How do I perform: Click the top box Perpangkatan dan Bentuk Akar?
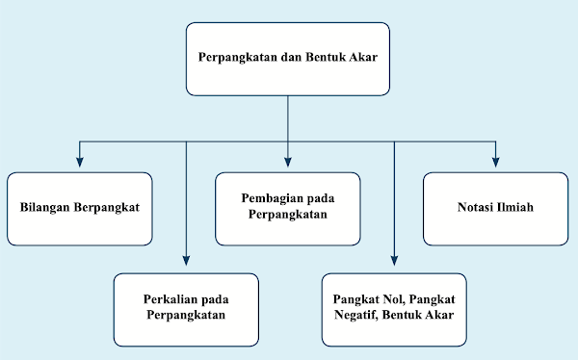point(287,59)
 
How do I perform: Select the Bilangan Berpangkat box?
point(79,208)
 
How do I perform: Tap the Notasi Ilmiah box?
point(495,208)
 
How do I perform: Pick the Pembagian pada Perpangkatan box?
point(287,208)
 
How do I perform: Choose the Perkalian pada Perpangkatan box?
point(185,310)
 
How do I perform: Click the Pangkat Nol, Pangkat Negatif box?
point(394,310)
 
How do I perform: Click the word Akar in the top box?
point(358,59)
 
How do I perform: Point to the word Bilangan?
point(47,208)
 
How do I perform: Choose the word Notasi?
point(474,208)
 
